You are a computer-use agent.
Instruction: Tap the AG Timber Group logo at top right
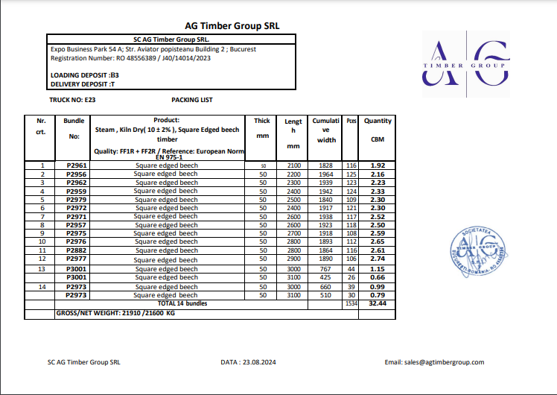click(x=465, y=66)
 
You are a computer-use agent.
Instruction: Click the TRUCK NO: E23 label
click(x=72, y=99)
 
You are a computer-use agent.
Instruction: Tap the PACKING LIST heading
click(x=191, y=99)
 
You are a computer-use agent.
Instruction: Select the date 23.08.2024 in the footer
click(x=248, y=362)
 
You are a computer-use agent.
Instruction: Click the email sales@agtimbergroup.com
click(x=434, y=362)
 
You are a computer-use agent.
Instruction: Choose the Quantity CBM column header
click(x=378, y=130)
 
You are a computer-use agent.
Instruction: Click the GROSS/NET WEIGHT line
click(x=116, y=314)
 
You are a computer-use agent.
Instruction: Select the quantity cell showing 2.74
click(x=378, y=259)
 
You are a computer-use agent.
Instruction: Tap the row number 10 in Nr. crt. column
click(x=42, y=241)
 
